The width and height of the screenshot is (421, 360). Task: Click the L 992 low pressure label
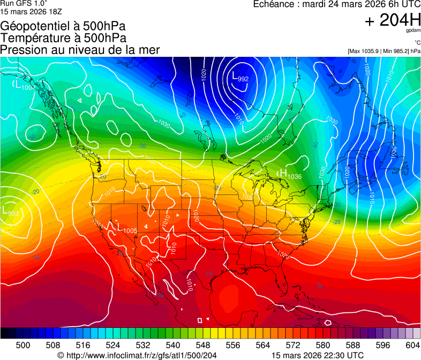pyautogui.click(x=240, y=77)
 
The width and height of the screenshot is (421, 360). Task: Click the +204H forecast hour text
pyautogui.click(x=392, y=20)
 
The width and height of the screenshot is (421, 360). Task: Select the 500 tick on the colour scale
pyautogui.click(x=23, y=344)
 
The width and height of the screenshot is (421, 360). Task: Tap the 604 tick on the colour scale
pyautogui.click(x=412, y=344)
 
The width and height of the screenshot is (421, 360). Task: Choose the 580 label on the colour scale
pyautogui.click(x=322, y=344)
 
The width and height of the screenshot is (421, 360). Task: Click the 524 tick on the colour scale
pyautogui.click(x=112, y=344)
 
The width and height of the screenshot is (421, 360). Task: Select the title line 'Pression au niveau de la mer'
pyautogui.click(x=80, y=50)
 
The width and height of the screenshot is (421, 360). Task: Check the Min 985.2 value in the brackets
pyautogui.click(x=397, y=51)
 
